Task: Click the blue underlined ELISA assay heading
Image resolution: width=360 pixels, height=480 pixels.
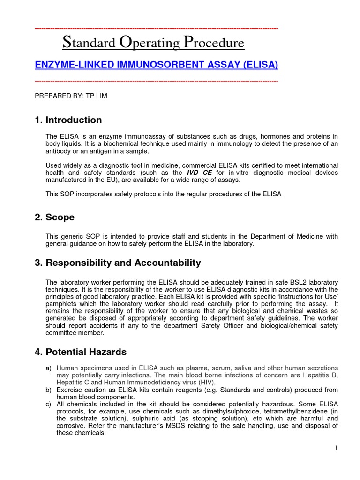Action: tap(157, 65)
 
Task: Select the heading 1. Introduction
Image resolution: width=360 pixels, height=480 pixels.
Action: tap(68, 120)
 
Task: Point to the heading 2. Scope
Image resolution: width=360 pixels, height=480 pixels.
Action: tap(55, 217)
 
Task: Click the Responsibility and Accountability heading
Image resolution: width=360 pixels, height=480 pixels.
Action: tap(118, 263)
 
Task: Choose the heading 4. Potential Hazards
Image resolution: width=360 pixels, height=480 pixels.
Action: tap(81, 352)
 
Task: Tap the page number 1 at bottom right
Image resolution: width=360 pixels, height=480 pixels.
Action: tap(336, 449)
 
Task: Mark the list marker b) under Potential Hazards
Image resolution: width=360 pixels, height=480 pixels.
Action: tap(49, 390)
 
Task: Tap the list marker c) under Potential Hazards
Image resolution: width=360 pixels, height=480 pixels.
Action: tap(49, 404)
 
